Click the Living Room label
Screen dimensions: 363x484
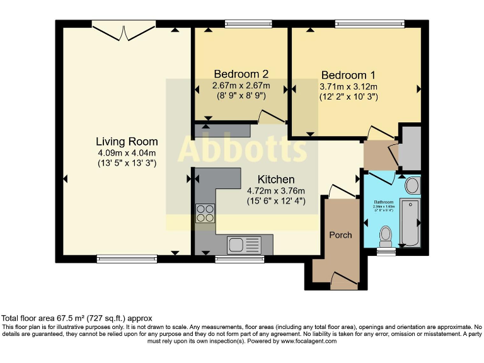(127, 141)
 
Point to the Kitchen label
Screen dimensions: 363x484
(276, 180)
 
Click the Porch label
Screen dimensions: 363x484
(340, 234)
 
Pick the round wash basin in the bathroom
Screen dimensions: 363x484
(412, 185)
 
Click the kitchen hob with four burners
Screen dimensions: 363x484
(205, 213)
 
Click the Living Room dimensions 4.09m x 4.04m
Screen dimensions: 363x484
(127, 153)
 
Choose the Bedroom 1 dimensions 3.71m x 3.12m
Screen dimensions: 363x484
(348, 86)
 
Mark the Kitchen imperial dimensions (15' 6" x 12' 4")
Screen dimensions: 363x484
(276, 202)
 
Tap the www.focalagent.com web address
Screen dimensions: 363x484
(308, 341)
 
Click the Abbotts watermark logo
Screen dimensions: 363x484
(243, 149)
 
